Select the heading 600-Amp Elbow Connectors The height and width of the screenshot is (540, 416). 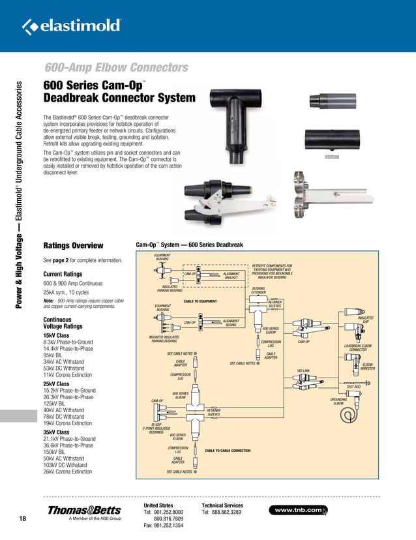pos(116,68)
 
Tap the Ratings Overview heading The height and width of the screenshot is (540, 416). pos(73,246)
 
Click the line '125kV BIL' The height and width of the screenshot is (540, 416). pos(57,404)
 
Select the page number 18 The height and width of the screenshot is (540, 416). pos(23,518)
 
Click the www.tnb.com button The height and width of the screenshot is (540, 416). pos(301,510)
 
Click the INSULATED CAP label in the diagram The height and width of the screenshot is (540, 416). pos(366,320)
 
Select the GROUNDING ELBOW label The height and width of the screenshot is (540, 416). pos(338,401)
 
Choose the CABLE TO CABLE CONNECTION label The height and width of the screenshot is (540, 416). pos(228,451)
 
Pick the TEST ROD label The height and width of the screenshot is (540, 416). pos(353,387)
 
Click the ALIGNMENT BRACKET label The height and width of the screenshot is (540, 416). pos(231,276)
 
